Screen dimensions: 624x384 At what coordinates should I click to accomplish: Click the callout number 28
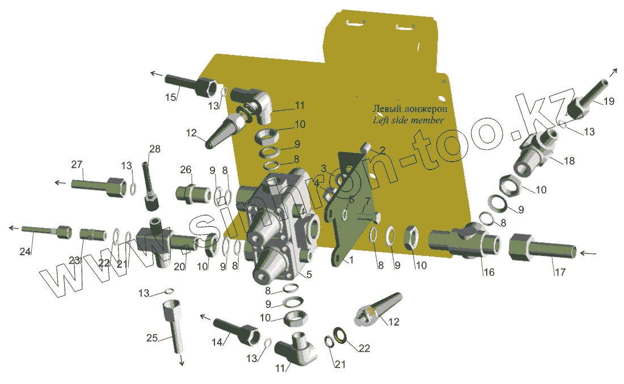click(x=155, y=149)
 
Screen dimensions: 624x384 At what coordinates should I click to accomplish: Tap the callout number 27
click(x=77, y=164)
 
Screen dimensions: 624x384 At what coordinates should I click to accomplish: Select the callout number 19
click(x=609, y=101)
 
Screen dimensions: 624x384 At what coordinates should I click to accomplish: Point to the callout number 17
click(x=560, y=272)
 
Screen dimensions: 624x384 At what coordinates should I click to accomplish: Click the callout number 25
click(x=152, y=338)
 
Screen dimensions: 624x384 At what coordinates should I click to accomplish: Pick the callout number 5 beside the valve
click(x=309, y=274)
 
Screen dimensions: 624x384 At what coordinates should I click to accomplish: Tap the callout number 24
click(x=25, y=251)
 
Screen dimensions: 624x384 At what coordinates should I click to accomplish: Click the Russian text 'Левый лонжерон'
click(x=410, y=109)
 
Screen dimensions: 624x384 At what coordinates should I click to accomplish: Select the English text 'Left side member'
click(x=408, y=120)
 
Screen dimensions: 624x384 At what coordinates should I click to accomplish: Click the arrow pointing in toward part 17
click(x=589, y=252)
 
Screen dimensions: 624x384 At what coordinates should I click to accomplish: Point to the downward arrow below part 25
click(x=182, y=360)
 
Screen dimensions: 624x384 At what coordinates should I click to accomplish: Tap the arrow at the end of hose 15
click(x=157, y=74)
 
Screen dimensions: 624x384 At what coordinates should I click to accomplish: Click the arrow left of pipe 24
click(x=14, y=228)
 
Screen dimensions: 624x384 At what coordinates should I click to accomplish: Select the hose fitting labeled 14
click(x=237, y=331)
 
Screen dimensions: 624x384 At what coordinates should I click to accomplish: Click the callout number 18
click(x=569, y=161)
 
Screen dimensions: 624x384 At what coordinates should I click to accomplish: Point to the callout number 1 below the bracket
click(x=351, y=260)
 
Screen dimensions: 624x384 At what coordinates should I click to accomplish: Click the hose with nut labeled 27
click(x=99, y=187)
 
